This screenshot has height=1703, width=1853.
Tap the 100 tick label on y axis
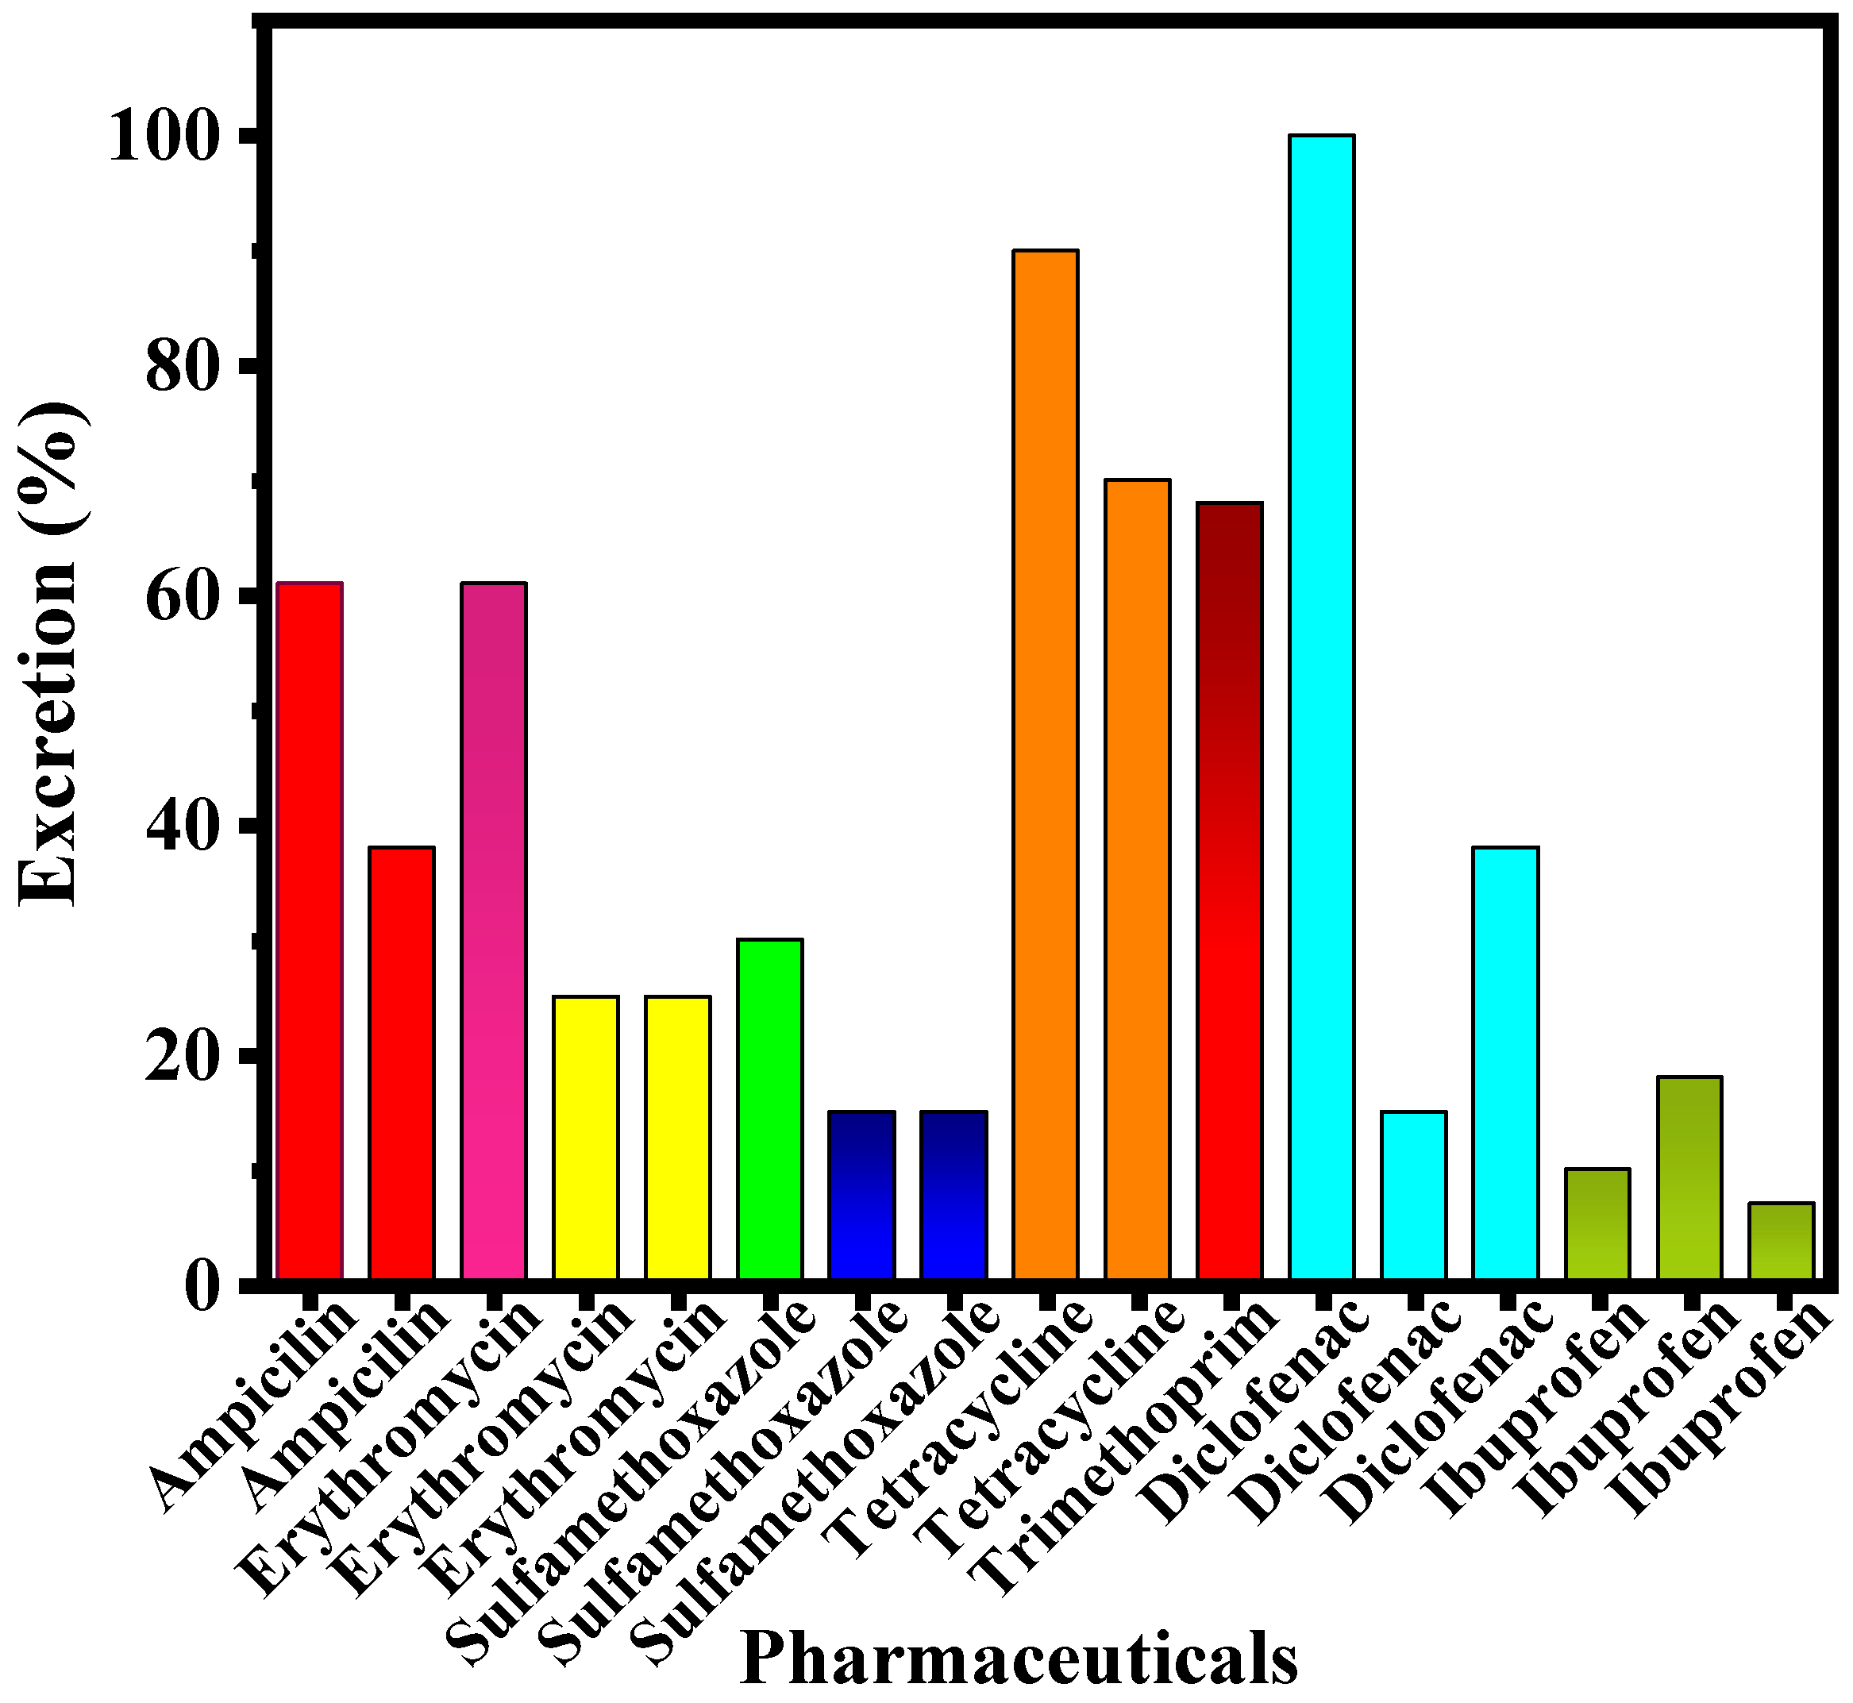click(171, 138)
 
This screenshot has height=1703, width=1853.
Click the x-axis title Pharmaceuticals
click(1018, 1657)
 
